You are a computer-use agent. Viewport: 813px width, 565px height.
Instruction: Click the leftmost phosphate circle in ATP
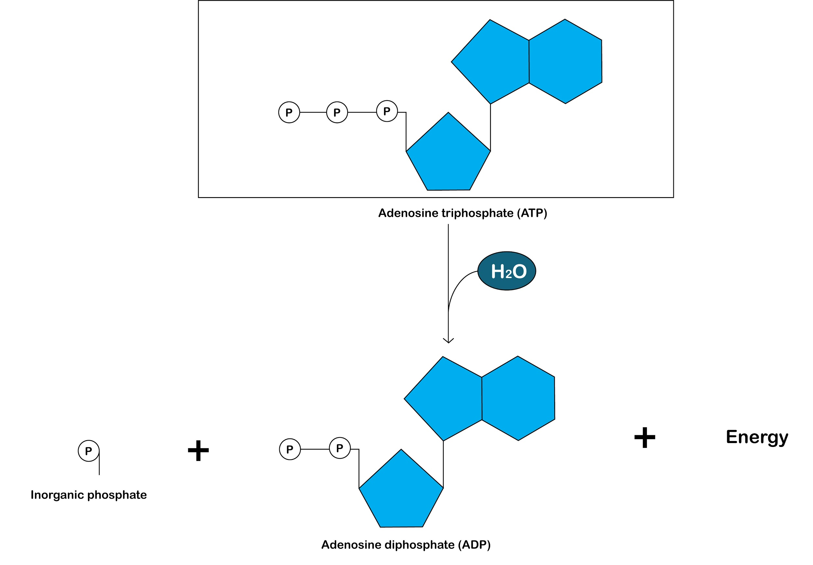click(x=289, y=112)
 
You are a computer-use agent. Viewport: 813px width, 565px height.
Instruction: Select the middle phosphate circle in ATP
click(x=337, y=112)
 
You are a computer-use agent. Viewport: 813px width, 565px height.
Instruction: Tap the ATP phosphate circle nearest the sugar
click(x=387, y=111)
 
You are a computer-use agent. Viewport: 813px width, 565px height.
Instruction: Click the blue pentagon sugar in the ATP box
click(x=448, y=156)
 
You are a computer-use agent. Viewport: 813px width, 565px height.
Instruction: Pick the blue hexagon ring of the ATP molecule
click(x=565, y=61)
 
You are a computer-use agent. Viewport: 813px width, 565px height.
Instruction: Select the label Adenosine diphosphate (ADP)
click(x=406, y=545)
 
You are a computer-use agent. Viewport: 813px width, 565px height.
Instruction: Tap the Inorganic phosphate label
click(x=88, y=494)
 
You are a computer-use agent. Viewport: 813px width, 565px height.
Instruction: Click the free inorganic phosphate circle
click(x=88, y=451)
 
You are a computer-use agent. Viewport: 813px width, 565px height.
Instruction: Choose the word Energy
click(x=757, y=437)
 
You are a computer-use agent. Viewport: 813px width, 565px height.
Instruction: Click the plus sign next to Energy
click(x=645, y=437)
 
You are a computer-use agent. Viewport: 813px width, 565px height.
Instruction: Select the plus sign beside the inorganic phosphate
click(x=198, y=451)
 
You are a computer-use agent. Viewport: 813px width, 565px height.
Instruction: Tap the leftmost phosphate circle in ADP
click(x=289, y=449)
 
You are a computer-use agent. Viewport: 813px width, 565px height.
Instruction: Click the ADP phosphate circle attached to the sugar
click(x=340, y=448)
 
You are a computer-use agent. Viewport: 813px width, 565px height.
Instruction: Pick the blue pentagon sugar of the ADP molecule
click(x=401, y=492)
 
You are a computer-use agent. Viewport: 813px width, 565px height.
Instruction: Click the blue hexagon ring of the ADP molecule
click(x=518, y=398)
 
